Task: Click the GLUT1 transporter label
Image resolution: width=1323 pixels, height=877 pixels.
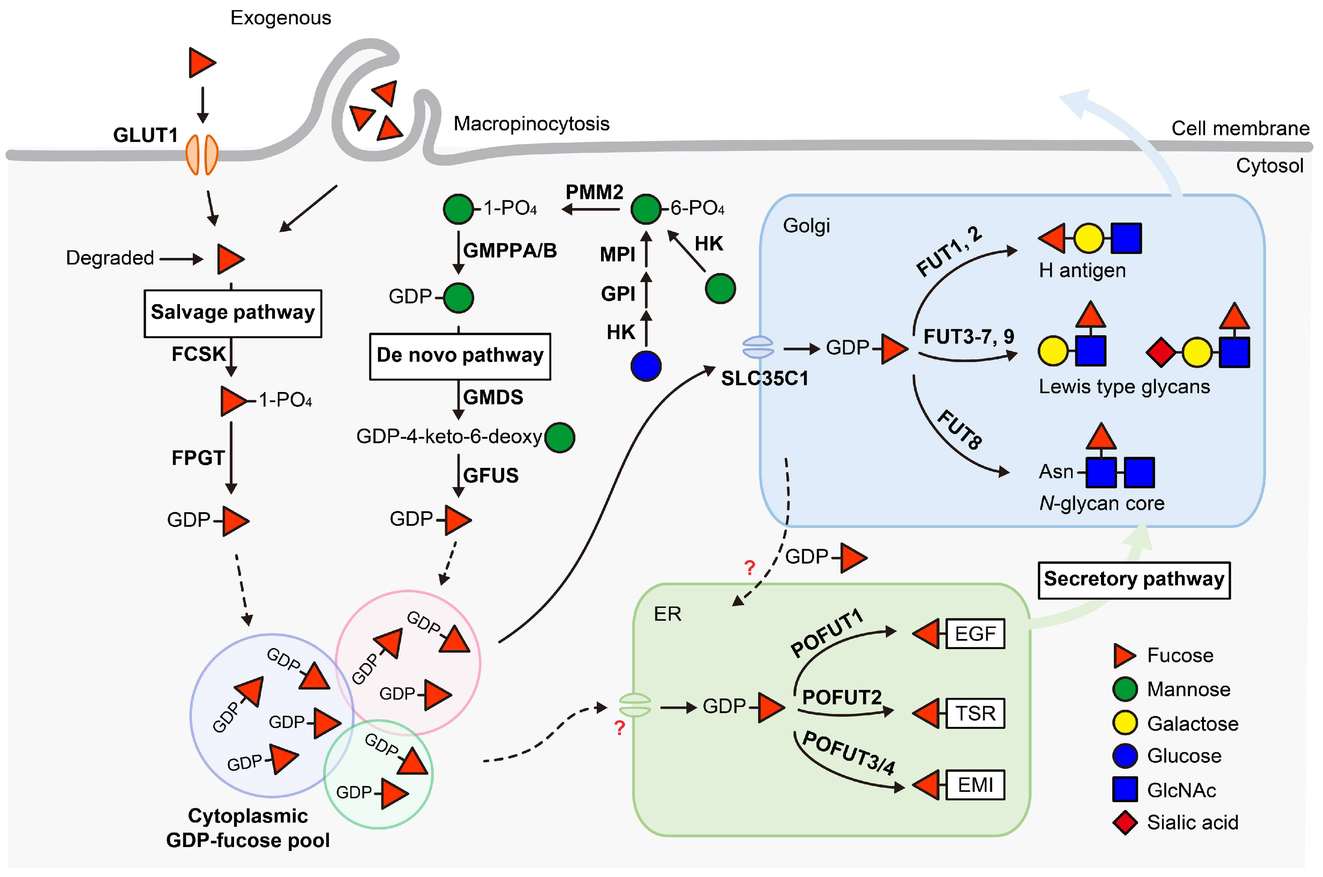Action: [145, 135]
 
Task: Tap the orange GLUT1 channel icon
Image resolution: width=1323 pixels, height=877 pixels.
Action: [202, 154]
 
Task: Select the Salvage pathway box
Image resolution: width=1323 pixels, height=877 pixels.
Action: [232, 313]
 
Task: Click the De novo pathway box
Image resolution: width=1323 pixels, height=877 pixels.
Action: [460, 356]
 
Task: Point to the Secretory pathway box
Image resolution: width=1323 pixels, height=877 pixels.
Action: [1134, 580]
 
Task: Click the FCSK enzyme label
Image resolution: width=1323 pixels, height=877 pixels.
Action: [198, 354]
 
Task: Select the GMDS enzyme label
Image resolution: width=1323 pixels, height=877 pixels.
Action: [493, 398]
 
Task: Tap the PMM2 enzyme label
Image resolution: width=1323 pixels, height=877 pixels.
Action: [594, 193]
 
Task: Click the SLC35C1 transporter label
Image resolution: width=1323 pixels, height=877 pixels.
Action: [765, 379]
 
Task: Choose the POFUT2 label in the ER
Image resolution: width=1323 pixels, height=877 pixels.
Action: [842, 697]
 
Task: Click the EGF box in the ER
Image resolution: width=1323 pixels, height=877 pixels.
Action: [975, 634]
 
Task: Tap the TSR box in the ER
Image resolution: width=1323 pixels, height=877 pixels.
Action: [975, 714]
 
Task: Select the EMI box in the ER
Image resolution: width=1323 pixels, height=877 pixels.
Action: [975, 785]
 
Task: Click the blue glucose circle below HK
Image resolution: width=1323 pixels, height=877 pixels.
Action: [646, 366]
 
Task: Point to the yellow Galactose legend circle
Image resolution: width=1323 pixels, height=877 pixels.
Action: [1125, 723]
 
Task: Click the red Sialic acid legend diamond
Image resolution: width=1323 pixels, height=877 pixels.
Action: [1125, 823]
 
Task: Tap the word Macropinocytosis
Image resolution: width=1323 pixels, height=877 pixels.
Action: [531, 124]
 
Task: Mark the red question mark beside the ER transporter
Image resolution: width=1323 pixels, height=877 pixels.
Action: [619, 728]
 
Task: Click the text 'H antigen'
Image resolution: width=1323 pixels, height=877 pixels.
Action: [1082, 271]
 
